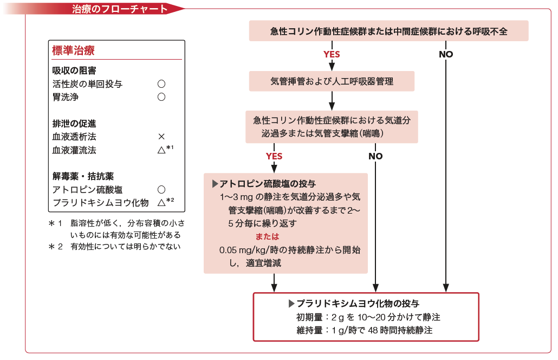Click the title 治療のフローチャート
click(120, 9)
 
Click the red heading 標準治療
click(73, 50)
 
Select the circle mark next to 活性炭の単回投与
click(161, 83)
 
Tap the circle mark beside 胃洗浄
click(161, 97)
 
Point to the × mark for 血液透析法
click(161, 137)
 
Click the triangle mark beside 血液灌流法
click(161, 150)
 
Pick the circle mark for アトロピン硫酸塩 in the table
click(161, 189)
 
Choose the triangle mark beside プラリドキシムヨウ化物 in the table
click(161, 203)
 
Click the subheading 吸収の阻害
click(74, 70)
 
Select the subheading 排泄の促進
click(74, 124)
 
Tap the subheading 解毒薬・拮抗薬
click(83, 176)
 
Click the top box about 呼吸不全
click(388, 31)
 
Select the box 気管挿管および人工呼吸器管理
click(332, 81)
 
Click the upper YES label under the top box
click(332, 54)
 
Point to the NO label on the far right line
click(446, 54)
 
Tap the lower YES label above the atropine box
click(274, 156)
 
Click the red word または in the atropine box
click(267, 236)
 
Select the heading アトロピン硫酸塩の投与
click(264, 184)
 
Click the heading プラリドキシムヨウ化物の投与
click(354, 304)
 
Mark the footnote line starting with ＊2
click(115, 246)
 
